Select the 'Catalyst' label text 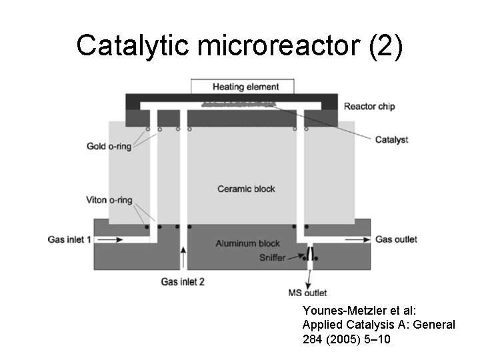391,139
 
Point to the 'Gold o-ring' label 109,146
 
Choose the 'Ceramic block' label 245,189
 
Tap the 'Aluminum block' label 247,244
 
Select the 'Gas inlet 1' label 69,239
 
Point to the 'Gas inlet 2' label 183,281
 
